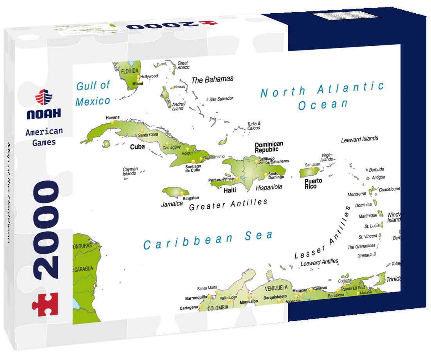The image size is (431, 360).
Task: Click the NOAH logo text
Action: coord(44,114)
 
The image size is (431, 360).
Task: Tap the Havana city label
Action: coord(113,117)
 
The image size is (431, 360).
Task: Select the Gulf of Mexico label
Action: coord(93,93)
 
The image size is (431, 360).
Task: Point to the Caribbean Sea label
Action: coord(208,239)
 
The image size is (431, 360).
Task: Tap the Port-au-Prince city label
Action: coord(221,180)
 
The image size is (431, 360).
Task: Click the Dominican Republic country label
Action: coord(269,147)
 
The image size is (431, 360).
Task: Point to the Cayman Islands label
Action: coord(129,171)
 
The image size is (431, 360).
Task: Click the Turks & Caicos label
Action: coord(253,126)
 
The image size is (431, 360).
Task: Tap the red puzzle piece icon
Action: coord(45,304)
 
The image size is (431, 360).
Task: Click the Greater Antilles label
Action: coord(228,204)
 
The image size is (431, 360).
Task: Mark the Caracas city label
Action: coord(320,288)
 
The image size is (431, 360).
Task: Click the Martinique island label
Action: coord(368,216)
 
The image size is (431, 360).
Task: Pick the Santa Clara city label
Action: coord(148,135)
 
